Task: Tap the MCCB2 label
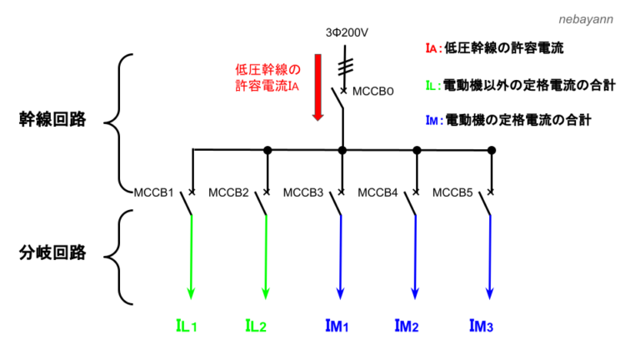click(x=228, y=193)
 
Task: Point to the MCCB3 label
click(x=303, y=193)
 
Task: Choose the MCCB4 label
click(x=378, y=193)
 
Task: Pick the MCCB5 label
click(x=452, y=193)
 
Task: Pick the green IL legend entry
click(x=520, y=85)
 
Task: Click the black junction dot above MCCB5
click(x=492, y=150)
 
